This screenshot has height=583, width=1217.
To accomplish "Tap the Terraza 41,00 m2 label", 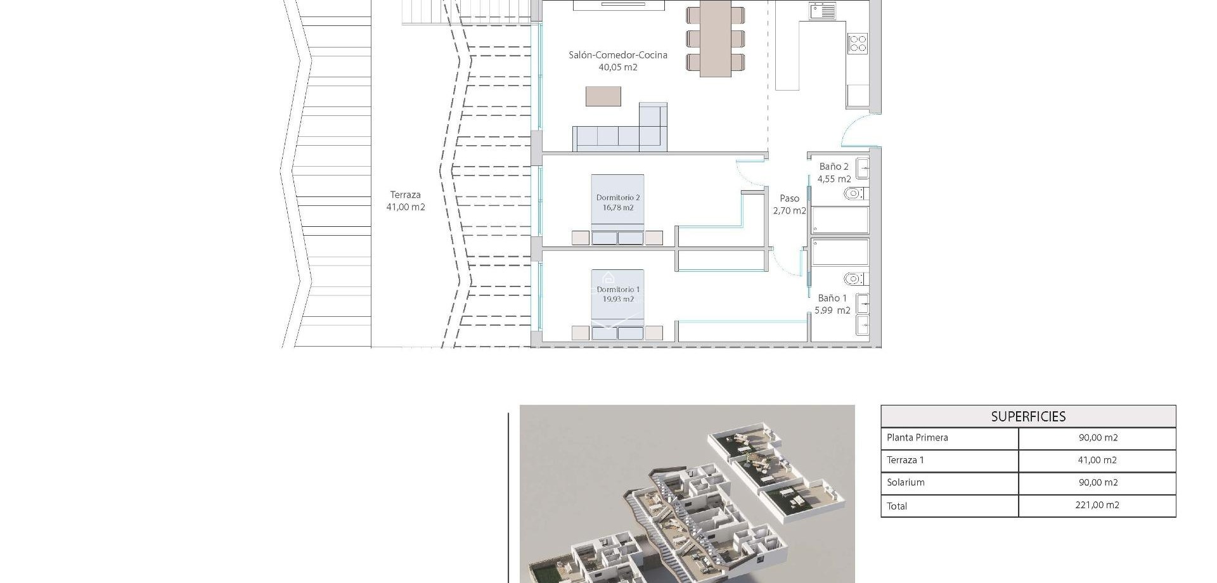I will (x=406, y=201).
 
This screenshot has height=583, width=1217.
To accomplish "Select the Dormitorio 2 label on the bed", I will (x=618, y=202).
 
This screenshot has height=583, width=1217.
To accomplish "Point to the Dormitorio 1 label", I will (x=618, y=294).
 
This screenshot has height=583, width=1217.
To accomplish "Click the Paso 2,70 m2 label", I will (x=789, y=204).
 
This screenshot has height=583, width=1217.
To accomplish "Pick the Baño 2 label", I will (x=834, y=172).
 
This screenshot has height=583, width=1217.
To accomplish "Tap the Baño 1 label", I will (x=832, y=304).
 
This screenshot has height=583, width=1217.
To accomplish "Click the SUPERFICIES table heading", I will (x=1028, y=416).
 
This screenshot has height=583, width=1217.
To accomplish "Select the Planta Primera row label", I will (x=917, y=437).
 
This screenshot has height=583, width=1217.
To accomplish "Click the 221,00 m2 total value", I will (x=1097, y=505).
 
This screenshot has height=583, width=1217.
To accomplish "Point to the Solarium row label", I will (x=906, y=482).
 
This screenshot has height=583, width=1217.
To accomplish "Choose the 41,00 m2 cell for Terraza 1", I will (x=1097, y=460).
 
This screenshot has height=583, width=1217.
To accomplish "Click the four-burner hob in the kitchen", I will (x=858, y=44).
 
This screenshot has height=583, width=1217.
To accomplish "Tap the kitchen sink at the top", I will (x=822, y=11).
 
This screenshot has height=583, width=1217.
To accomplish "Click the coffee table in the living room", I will (x=603, y=96).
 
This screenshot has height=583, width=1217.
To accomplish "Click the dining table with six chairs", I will (x=715, y=38).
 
